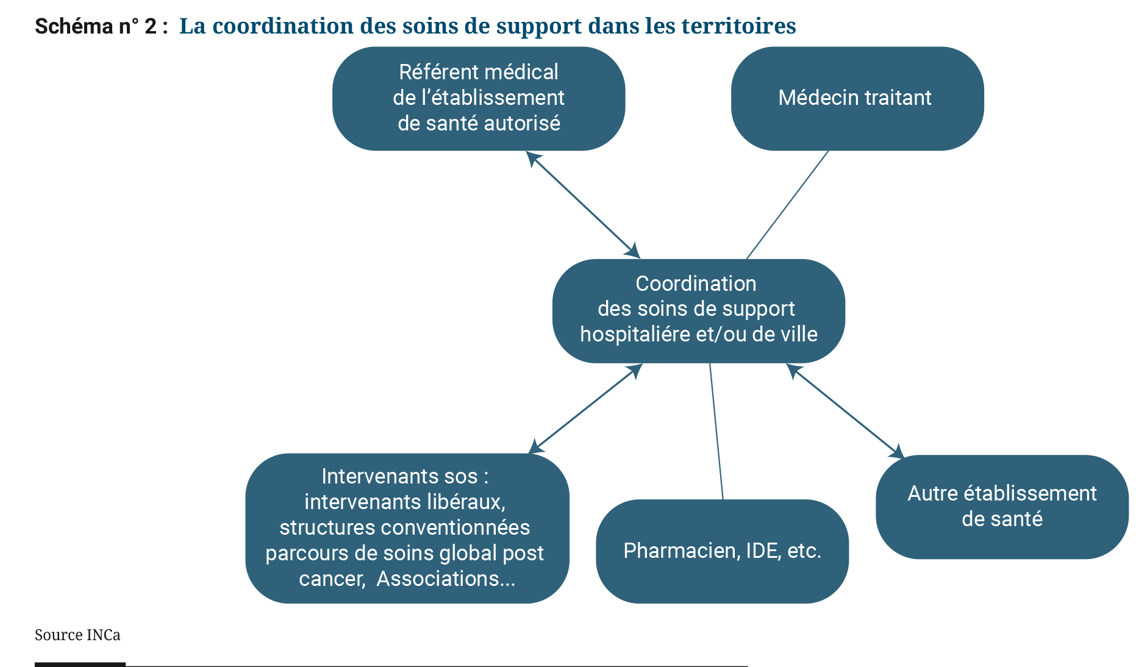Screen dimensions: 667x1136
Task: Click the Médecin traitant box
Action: pos(857,98)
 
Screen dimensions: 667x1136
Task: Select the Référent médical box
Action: pos(478,98)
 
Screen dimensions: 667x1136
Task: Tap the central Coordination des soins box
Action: pos(698,310)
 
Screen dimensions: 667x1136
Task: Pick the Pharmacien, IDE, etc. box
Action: pos(722,551)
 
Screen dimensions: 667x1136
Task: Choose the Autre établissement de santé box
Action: pos(1001,506)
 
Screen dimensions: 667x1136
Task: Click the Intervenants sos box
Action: pos(407,527)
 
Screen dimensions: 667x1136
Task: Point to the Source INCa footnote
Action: pos(77,635)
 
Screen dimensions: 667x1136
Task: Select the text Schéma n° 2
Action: pos(96,26)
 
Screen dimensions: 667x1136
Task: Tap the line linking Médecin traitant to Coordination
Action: pos(787,204)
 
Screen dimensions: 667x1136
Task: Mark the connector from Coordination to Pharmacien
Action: pos(716,432)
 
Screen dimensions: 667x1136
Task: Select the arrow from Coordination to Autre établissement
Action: pos(845,410)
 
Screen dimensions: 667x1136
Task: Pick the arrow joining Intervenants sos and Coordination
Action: pos(586,408)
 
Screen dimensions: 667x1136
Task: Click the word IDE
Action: pos(762,551)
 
